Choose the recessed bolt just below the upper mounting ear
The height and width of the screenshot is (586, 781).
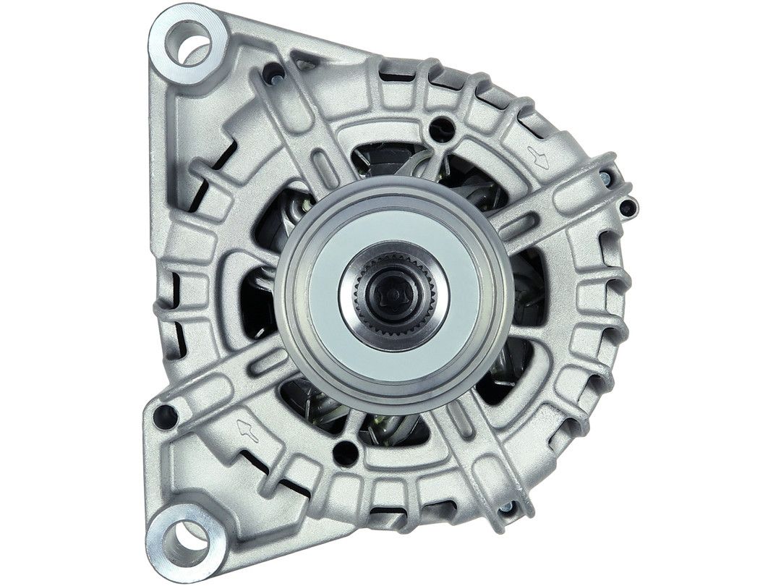point(273,73)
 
